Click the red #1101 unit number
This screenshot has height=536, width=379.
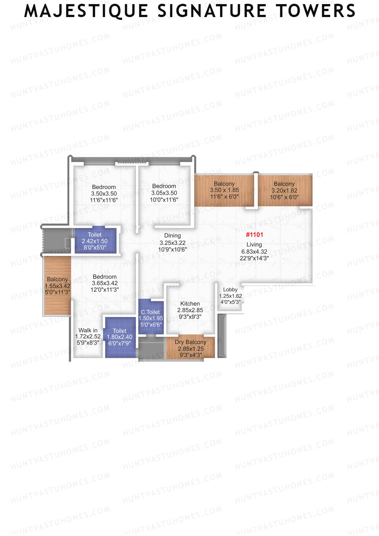[254, 235]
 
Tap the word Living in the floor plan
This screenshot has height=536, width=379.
[254, 244]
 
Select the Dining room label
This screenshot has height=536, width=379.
[172, 236]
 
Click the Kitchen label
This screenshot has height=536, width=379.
[190, 304]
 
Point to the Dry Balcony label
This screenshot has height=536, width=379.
[190, 342]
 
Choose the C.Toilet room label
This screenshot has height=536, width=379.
[150, 312]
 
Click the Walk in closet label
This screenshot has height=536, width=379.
[88, 330]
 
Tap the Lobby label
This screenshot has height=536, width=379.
[230, 290]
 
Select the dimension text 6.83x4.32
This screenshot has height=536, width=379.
[254, 252]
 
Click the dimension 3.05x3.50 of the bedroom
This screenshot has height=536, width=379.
[164, 193]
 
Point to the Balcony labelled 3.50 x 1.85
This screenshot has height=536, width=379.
[224, 184]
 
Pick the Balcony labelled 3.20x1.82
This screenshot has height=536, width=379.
[284, 184]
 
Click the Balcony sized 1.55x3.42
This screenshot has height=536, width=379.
[57, 280]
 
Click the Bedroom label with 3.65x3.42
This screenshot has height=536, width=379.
[105, 277]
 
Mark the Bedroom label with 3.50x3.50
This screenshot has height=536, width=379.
[104, 187]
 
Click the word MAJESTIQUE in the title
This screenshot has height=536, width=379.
[86, 11]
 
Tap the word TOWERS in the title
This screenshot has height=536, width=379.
[316, 11]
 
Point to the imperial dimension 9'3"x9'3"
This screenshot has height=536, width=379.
[190, 317]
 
